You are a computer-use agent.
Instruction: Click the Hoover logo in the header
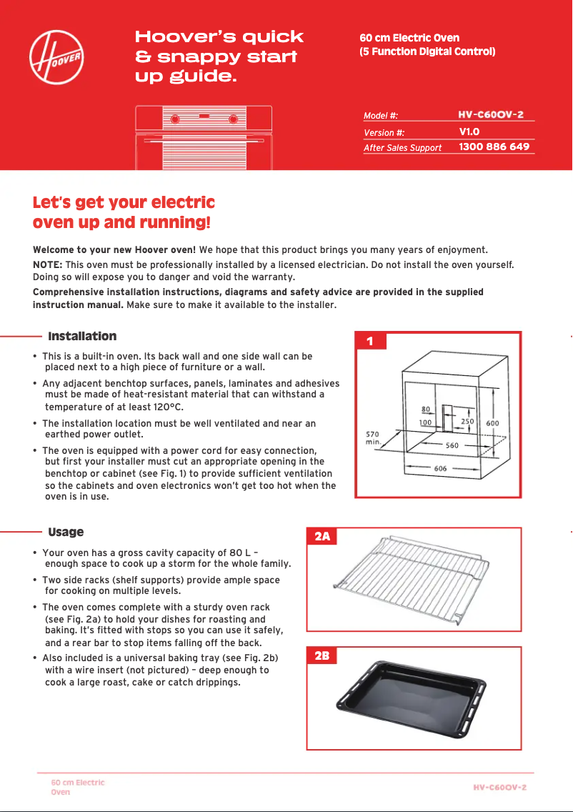coord(57,56)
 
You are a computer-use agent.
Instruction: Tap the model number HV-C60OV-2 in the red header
coord(490,114)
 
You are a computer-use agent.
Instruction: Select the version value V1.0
coord(469,132)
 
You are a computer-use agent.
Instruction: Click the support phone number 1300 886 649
coord(494,147)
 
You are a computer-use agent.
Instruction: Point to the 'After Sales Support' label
coord(402,148)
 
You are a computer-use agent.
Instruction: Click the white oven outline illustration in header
coord(204,137)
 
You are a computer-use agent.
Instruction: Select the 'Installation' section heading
coord(81,336)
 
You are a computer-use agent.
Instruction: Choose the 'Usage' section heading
coord(66,532)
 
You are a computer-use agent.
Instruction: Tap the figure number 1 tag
coord(369,342)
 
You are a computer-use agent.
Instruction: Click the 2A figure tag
coord(322,537)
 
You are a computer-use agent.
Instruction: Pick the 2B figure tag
coord(322,656)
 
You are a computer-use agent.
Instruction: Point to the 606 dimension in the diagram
coord(440,468)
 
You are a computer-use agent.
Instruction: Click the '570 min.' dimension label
coord(373,437)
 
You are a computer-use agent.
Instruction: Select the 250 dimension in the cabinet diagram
coord(467,422)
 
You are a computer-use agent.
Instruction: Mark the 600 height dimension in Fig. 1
coord(493,423)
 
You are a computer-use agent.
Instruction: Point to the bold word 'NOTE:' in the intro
coord(48,264)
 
